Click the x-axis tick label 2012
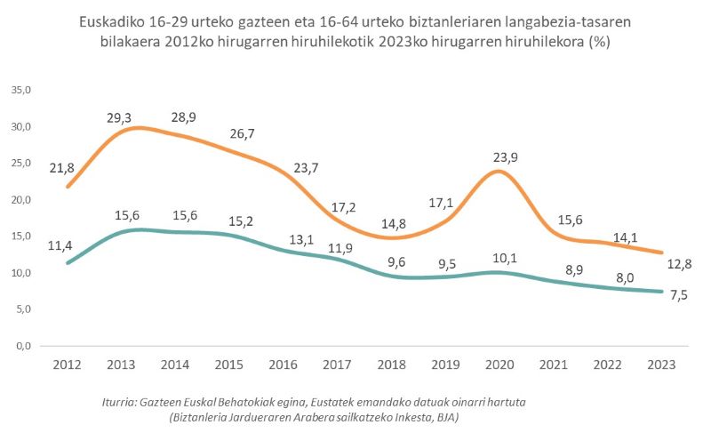point(67,365)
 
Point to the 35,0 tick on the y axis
point(20,90)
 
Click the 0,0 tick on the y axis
point(22,346)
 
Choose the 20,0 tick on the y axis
point(20,199)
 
